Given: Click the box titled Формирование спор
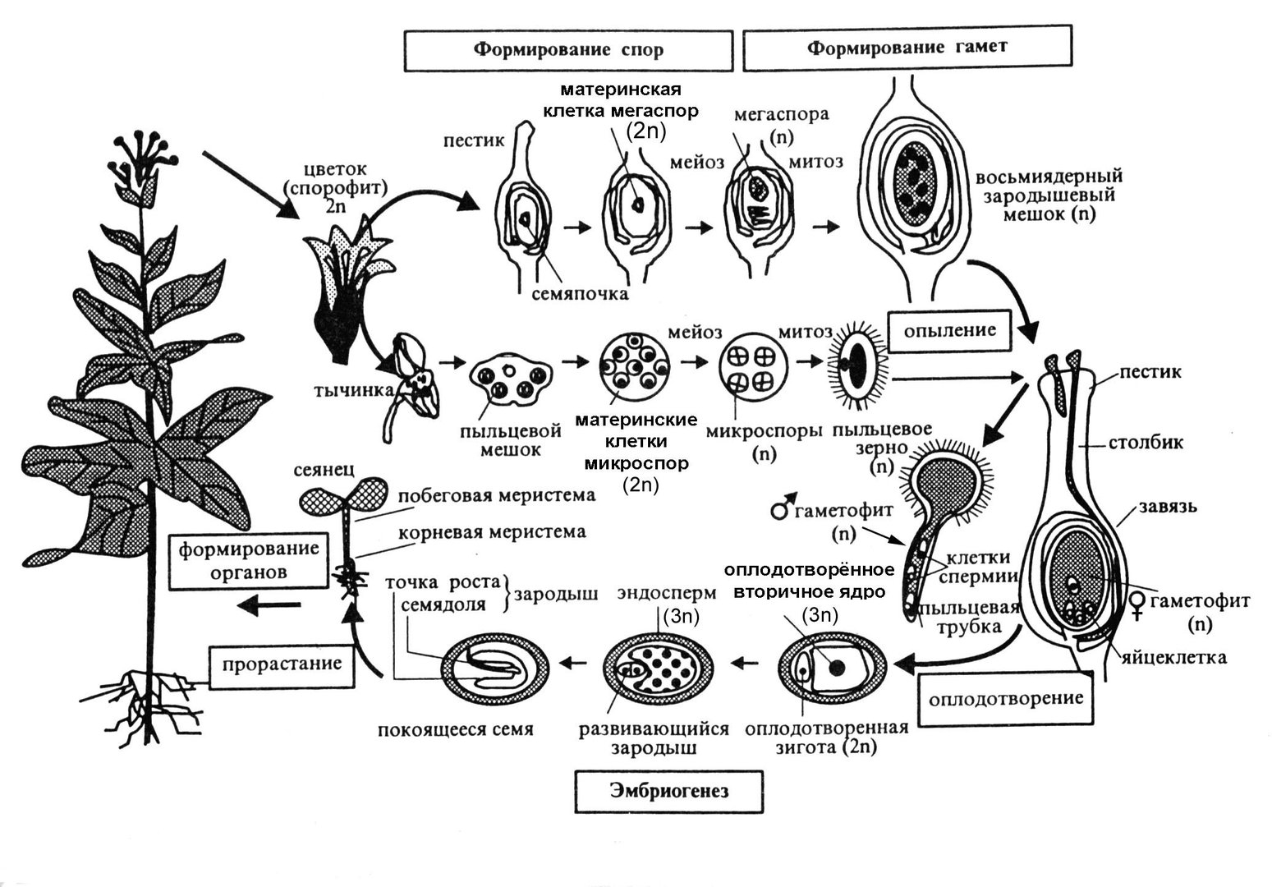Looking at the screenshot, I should point(567,50).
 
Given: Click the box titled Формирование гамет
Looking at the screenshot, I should point(907,48).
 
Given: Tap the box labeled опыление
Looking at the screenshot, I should point(949,331).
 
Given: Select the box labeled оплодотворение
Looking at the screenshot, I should point(1005,699).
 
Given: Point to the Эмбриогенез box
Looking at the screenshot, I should point(669,792).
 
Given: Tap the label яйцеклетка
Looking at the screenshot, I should point(1175,657).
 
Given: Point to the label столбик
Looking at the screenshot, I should point(1146,443).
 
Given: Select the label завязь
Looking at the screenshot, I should point(1167,507).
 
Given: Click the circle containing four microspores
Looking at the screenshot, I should point(752,370).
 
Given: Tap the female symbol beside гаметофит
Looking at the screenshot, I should point(1137,604).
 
